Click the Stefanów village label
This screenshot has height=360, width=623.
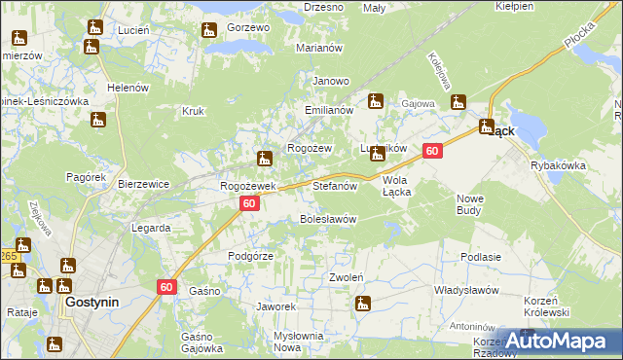(336, 184)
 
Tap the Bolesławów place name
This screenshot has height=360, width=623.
(327, 219)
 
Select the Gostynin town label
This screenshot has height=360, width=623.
(92, 303)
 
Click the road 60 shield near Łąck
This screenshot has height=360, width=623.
(432, 151)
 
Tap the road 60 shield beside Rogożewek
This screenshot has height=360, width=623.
(249, 203)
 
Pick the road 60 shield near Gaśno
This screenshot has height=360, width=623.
(166, 286)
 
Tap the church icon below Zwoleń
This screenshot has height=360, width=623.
(363, 303)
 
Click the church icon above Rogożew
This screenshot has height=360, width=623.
(264, 158)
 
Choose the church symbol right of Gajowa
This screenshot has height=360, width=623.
(458, 100)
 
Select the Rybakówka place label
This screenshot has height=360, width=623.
(558, 165)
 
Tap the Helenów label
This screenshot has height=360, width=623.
(128, 87)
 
